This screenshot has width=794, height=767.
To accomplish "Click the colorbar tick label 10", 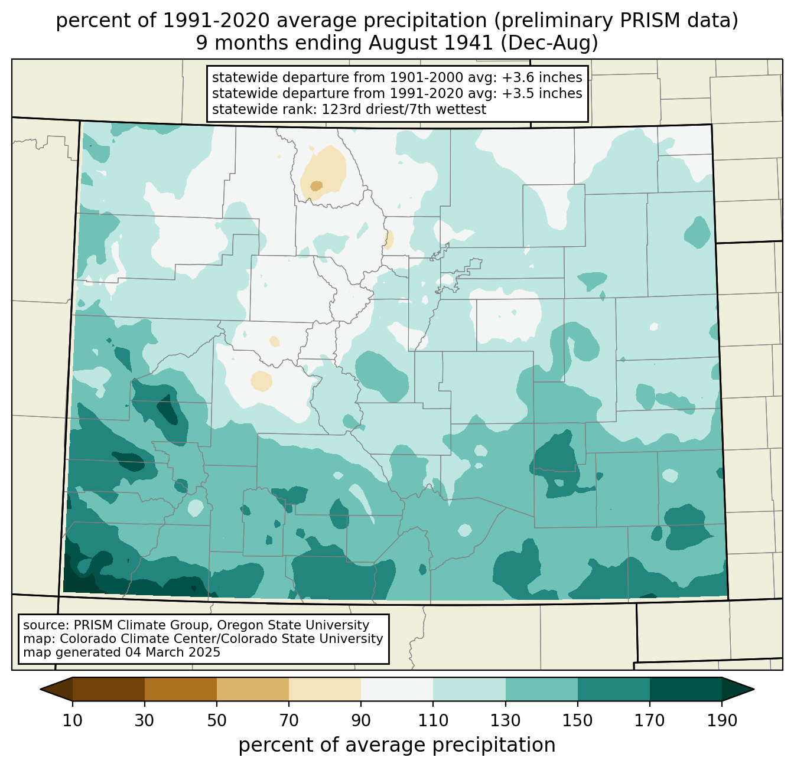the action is [73, 720].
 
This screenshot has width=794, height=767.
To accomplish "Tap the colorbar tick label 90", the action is [361, 720].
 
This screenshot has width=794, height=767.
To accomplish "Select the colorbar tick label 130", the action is [505, 720].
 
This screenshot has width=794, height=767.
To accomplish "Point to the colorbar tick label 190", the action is [722, 720].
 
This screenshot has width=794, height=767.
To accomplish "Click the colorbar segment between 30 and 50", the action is [180, 689].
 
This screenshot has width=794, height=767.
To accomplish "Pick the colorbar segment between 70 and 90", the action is [325, 689].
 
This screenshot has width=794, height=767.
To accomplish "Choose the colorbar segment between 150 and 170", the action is [613, 689].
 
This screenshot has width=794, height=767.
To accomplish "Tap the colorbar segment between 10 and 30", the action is [109, 689].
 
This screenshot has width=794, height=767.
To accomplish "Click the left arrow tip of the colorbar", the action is [40, 689].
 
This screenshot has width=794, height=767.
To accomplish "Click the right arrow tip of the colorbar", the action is [754, 689].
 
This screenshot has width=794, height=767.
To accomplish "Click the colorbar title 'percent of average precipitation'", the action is [396, 745].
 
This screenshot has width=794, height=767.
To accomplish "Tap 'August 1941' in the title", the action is [431, 43].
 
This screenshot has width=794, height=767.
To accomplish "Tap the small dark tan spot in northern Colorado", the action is [316, 186].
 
